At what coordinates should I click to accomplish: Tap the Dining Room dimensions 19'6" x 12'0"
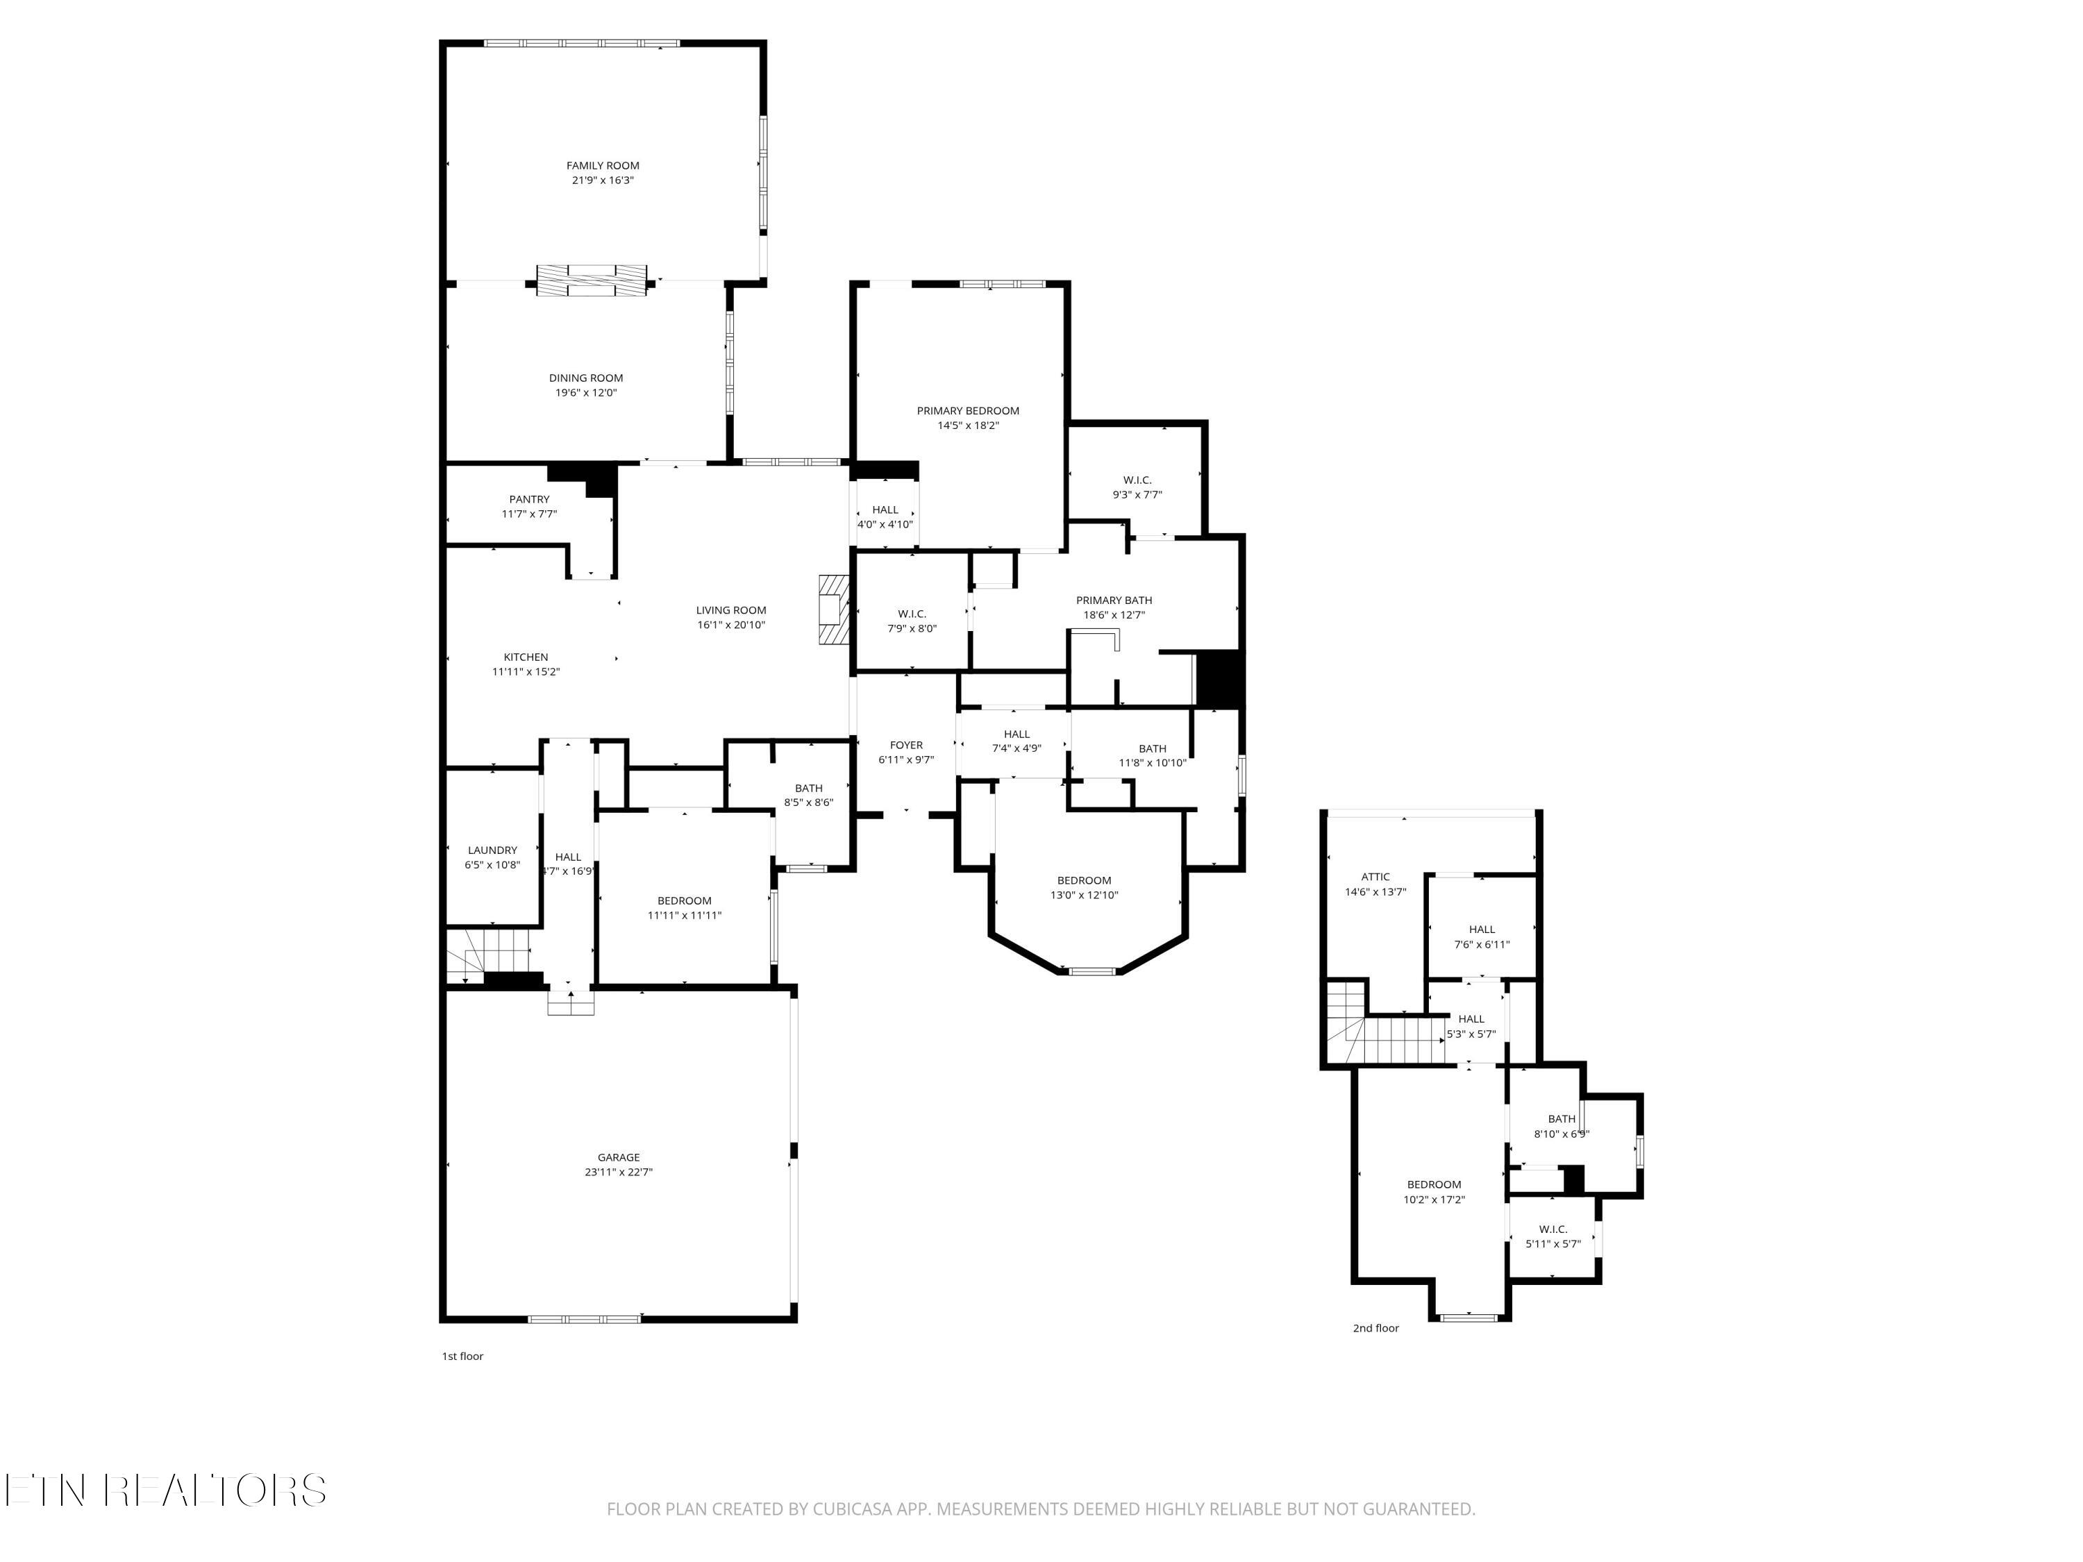click(586, 394)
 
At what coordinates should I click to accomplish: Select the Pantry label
click(529, 500)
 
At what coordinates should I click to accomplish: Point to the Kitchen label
click(526, 657)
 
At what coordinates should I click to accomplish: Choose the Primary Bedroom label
click(968, 410)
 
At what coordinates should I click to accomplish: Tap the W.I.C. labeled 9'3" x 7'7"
click(1137, 487)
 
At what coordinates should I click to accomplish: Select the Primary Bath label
click(1114, 601)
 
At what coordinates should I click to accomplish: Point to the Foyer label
click(906, 746)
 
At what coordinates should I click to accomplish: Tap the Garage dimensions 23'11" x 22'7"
click(618, 1173)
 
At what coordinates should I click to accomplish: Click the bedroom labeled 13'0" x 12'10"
click(1084, 888)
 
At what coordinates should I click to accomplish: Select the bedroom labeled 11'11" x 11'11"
click(685, 907)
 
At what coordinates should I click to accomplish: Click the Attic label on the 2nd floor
click(1375, 877)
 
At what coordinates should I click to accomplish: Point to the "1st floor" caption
click(462, 1357)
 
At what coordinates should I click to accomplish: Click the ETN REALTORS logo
click(166, 1490)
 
